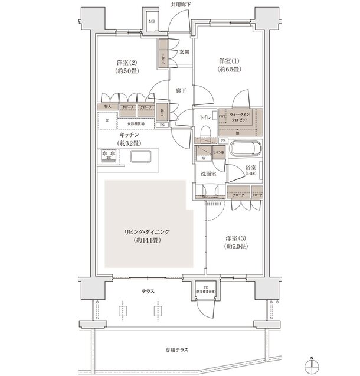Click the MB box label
[x=152, y=22]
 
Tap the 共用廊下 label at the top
[x=180, y=4]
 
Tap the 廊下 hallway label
[x=181, y=90]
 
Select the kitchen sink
[x=141, y=157]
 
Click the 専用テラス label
[x=179, y=350]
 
